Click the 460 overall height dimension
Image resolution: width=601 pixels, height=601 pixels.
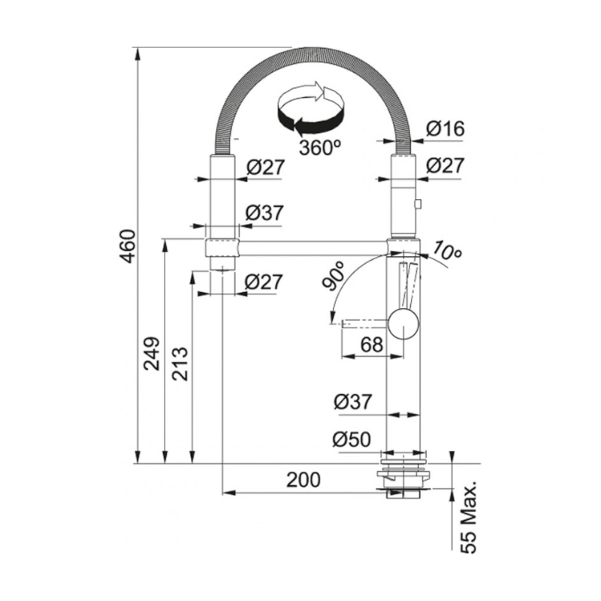coord(127,245)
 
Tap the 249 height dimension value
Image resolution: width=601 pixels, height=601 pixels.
coord(152,354)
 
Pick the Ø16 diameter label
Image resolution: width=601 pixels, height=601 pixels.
coord(445,128)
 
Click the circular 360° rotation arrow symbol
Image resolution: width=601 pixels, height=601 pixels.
coord(311,108)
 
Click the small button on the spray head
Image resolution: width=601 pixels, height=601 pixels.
coord(418,203)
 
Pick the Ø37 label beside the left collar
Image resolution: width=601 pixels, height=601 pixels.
coord(264,213)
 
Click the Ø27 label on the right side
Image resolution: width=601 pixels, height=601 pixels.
coord(445,167)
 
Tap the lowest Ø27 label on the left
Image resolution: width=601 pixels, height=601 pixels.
coord(264,282)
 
